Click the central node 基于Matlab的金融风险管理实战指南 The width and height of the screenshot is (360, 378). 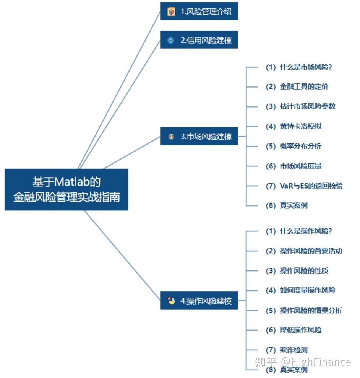tap(66, 189)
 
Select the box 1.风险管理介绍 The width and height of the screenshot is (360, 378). tap(199, 11)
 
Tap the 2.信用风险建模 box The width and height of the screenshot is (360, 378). tap(199, 40)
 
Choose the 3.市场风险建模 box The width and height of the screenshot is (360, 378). tap(199, 136)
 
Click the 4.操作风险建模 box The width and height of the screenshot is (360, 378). tap(199, 301)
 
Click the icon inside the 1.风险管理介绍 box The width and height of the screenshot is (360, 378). tap(171, 11)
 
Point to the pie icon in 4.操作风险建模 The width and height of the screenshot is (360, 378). tap(171, 300)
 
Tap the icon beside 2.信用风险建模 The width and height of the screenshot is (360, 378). tap(171, 40)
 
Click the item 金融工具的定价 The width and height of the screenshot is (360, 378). tap(297, 87)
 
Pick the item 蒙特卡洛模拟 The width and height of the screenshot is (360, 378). tap(294, 126)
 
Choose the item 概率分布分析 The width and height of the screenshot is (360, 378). tap(294, 146)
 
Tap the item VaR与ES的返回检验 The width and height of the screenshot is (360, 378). tap(304, 186)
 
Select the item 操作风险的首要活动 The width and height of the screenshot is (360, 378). tap(304, 251)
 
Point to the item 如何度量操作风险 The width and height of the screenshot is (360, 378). tap(300, 290)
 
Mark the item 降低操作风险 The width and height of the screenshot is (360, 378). tap(294, 330)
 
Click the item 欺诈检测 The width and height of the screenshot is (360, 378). tap(287, 350)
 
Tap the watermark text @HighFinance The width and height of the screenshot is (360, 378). tap(316, 362)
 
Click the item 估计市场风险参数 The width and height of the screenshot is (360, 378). tap(300, 106)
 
